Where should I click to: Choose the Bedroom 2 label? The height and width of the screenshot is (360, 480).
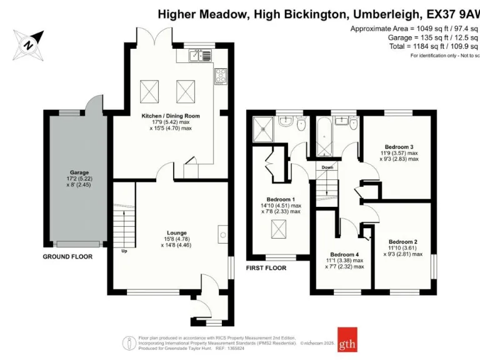(x=402, y=241)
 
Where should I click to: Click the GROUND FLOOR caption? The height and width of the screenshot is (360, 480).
(x=67, y=257)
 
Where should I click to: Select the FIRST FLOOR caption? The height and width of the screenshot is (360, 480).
(x=266, y=267)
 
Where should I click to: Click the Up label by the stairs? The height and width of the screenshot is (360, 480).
(x=124, y=252)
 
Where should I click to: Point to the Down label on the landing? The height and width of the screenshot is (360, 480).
(x=327, y=167)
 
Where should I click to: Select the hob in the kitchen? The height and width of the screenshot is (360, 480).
(x=221, y=76)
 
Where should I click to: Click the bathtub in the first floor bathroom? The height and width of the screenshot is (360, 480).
(x=325, y=135)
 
